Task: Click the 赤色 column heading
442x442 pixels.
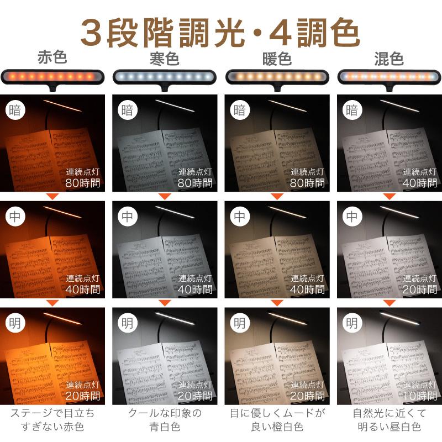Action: tap(52, 58)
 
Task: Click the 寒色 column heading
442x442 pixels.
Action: tap(165, 58)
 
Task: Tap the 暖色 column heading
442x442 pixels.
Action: tap(277, 58)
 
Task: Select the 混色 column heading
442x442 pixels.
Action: tap(388, 58)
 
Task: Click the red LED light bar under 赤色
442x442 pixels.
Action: tap(53, 76)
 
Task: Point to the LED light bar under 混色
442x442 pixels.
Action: tap(388, 76)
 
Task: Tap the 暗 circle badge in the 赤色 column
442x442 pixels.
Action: tap(16, 109)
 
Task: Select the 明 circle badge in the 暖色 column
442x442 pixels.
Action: tap(239, 322)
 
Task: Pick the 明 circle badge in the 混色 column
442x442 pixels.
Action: tap(351, 322)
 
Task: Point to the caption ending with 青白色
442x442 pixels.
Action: tap(165, 420)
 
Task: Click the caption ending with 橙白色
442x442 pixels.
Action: tap(277, 420)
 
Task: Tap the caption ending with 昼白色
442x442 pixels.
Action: tap(388, 420)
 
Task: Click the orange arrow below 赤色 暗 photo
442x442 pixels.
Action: tap(53, 196)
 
